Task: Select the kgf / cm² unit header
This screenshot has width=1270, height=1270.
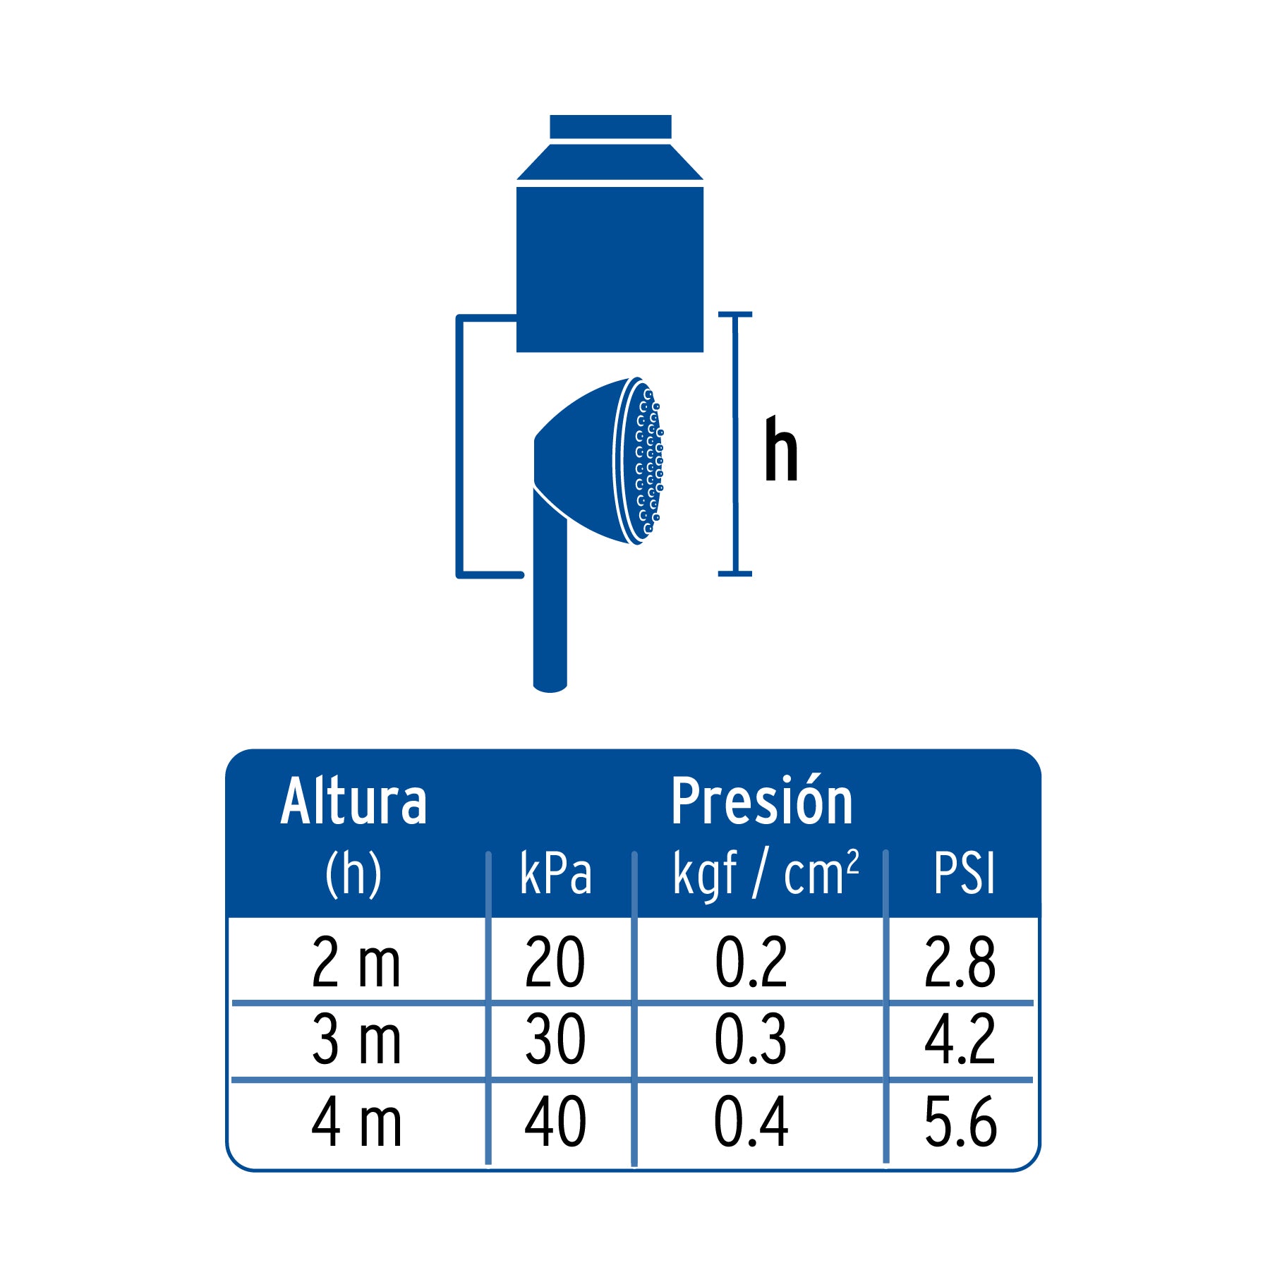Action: [x=766, y=874]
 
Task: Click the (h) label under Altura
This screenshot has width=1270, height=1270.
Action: [x=353, y=874]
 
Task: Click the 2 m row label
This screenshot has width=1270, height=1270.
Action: [x=356, y=962]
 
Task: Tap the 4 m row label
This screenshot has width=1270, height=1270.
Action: [x=356, y=1122]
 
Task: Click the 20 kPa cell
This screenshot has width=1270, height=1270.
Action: [x=555, y=962]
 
